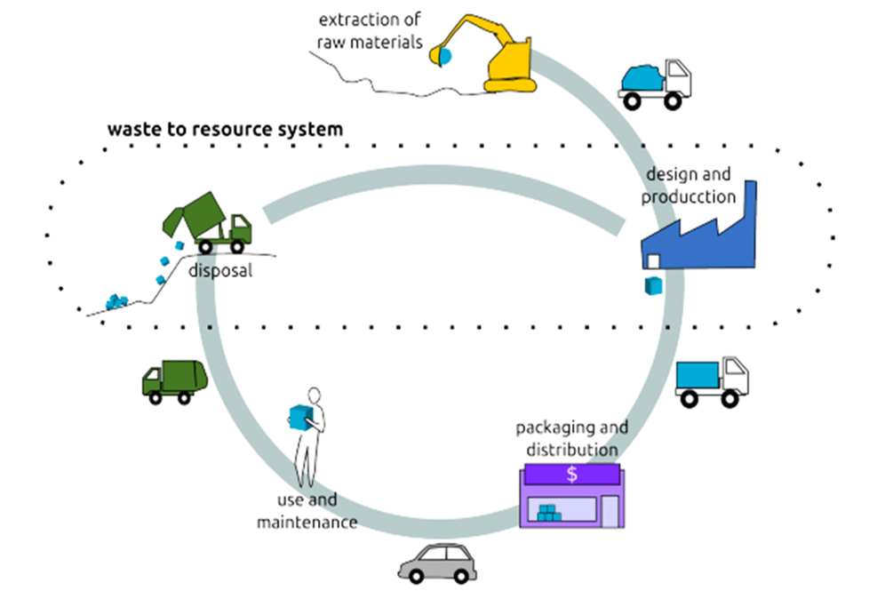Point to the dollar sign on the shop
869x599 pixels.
pos(572,474)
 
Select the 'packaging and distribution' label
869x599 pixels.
pos(571,438)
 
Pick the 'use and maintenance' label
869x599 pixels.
pos(307,511)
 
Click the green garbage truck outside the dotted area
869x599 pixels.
pos(175,380)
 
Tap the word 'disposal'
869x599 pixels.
pos(220,269)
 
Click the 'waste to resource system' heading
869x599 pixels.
pos(225,130)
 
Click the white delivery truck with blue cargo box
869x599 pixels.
pos(711,380)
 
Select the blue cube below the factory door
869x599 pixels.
pos(653,285)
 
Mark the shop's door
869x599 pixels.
pos(610,512)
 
